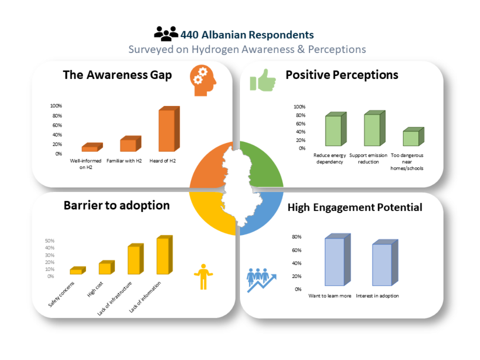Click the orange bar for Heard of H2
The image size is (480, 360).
tap(169, 129)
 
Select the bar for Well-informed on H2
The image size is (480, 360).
tap(92, 147)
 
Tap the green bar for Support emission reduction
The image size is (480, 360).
tap(375, 128)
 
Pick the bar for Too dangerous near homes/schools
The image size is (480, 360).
tap(414, 137)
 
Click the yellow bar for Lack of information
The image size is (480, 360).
tap(164, 255)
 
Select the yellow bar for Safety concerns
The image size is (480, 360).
tap(78, 270)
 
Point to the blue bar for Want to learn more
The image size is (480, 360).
tap(338, 260)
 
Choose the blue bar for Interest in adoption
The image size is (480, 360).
tap(385, 263)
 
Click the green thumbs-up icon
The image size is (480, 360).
tap(263, 80)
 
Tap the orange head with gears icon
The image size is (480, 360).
tap(203, 81)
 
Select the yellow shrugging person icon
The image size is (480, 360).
tap(203, 277)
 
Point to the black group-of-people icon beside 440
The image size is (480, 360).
tap(166, 34)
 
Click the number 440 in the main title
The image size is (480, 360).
tap(190, 35)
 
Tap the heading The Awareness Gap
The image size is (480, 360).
tap(117, 75)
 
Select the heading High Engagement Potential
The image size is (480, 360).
tap(355, 208)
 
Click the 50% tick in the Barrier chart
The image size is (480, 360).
tap(49, 241)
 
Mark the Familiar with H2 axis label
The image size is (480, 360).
tap(124, 161)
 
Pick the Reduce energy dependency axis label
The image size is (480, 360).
tap(330, 159)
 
